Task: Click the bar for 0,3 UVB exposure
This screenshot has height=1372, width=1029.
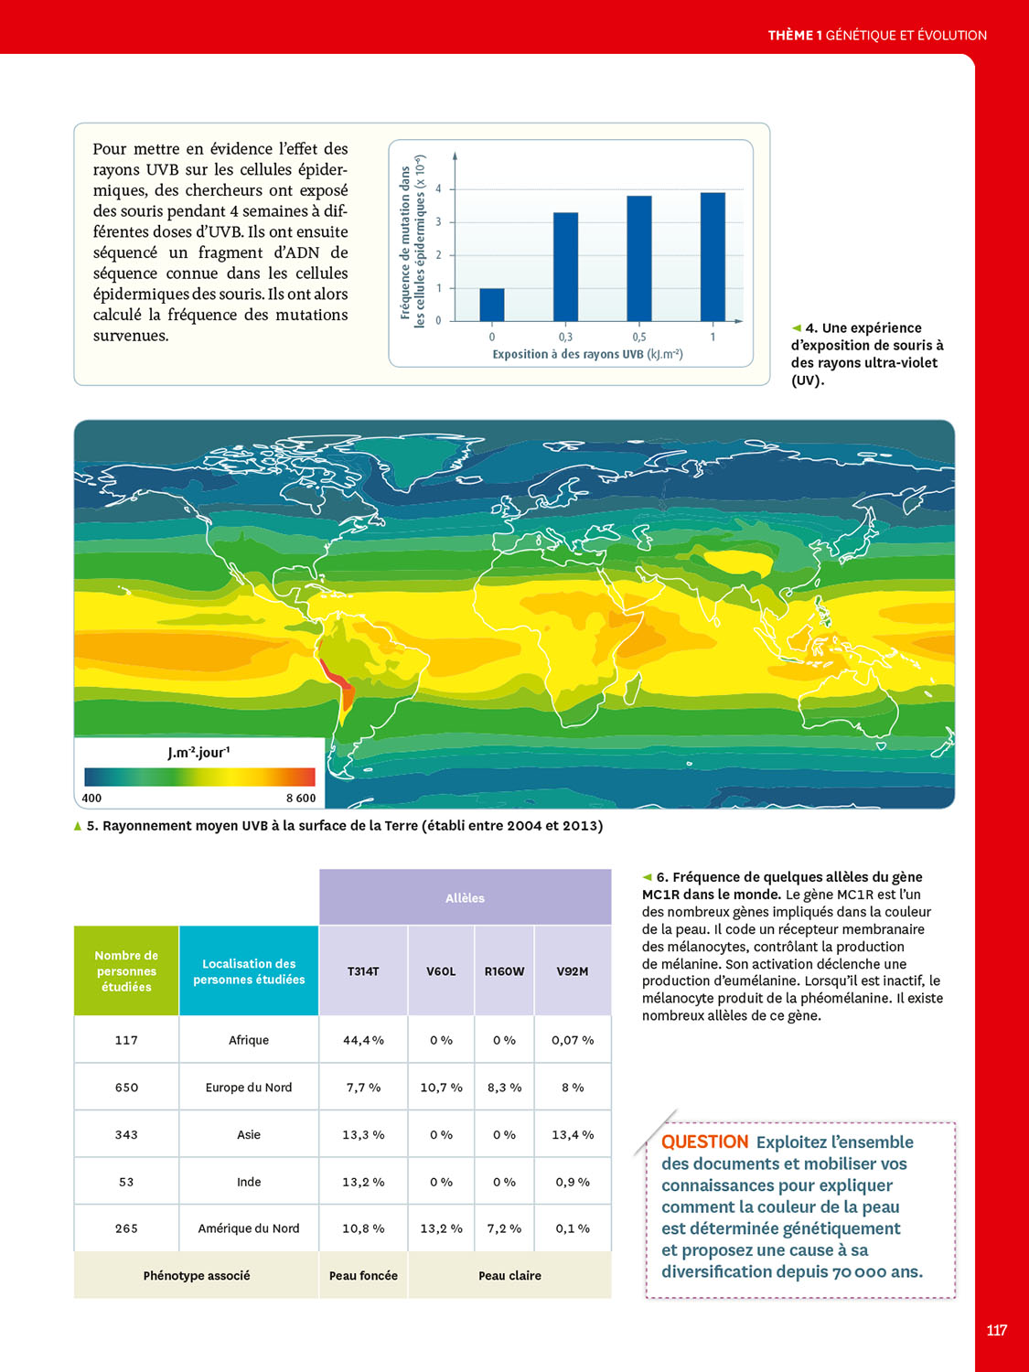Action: pos(565,266)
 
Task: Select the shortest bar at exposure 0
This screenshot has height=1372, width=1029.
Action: pos(492,305)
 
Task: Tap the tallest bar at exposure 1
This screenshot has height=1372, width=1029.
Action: pos(713,256)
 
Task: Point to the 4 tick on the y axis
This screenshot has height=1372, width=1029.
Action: pos(438,189)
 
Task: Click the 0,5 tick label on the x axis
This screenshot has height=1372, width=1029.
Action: pos(639,337)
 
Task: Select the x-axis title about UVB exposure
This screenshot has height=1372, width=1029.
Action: pos(587,354)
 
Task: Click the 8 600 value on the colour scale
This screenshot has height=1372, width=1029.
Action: pos(301,798)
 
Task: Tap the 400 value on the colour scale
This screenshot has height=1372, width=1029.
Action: pos(91,798)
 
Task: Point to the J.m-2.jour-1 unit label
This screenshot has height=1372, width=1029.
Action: pos(198,753)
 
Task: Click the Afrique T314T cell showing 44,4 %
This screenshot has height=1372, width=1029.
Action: pos(363,1040)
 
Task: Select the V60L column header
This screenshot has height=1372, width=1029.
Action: pos(441,971)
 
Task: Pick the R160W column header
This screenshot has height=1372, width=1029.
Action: pos(504,971)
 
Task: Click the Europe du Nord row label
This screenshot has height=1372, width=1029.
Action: pos(249,1088)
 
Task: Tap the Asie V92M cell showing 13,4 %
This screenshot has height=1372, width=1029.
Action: pos(573,1134)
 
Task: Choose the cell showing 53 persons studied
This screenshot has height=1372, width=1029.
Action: pos(126,1182)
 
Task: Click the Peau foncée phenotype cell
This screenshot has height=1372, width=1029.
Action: pos(363,1275)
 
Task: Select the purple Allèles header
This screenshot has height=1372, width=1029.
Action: pos(465,898)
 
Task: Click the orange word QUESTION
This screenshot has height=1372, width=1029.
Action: pos(704,1142)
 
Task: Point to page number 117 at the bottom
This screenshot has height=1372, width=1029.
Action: pos(997,1330)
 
